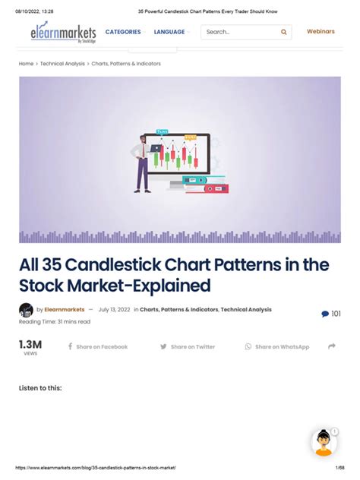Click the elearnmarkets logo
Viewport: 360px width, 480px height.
pos(63,34)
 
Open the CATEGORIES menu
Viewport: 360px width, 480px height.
pos(123,32)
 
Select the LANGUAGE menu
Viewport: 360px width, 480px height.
pos(169,32)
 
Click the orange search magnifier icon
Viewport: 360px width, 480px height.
pos(284,33)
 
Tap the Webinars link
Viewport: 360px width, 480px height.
pos(321,32)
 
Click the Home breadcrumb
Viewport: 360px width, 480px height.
pos(26,64)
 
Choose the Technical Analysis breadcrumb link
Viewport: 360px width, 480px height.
pos(62,64)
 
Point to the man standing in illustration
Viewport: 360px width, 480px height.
pos(142,163)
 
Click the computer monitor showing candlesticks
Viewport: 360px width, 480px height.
pos(177,158)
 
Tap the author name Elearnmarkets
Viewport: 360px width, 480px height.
pos(65,310)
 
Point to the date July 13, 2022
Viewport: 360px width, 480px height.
pos(114,310)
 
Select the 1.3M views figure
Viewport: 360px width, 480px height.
pos(30,346)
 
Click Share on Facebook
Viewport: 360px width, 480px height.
pos(98,347)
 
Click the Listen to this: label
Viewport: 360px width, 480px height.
pos(40,388)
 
